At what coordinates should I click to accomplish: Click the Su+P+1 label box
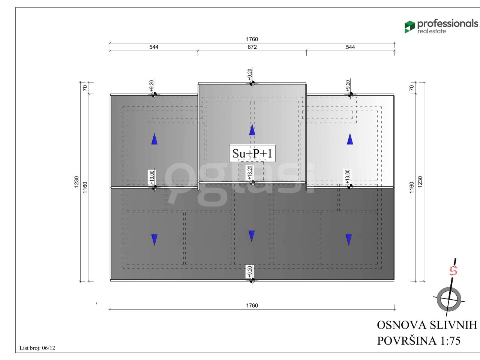click(x=252, y=153)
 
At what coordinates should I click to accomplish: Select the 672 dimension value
click(x=252, y=47)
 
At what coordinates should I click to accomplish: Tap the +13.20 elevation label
click(x=249, y=172)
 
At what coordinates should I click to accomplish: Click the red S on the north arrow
click(x=453, y=271)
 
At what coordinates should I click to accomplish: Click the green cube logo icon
click(x=409, y=27)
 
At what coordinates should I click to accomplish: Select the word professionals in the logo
click(x=448, y=24)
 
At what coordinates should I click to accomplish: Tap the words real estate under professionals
click(x=432, y=31)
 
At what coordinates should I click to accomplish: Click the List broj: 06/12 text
click(x=37, y=348)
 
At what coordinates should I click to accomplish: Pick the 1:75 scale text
click(x=450, y=340)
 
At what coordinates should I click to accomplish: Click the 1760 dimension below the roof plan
click(x=252, y=305)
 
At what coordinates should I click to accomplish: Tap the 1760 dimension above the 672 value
click(x=252, y=39)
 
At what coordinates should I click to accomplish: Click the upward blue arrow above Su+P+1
click(x=252, y=130)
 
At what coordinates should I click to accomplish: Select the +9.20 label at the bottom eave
click(x=250, y=272)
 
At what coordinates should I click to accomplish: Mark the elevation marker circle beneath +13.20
click(x=252, y=183)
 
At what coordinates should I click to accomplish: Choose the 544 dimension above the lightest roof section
click(x=350, y=47)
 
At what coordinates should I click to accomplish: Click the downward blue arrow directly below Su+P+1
click(x=252, y=236)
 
